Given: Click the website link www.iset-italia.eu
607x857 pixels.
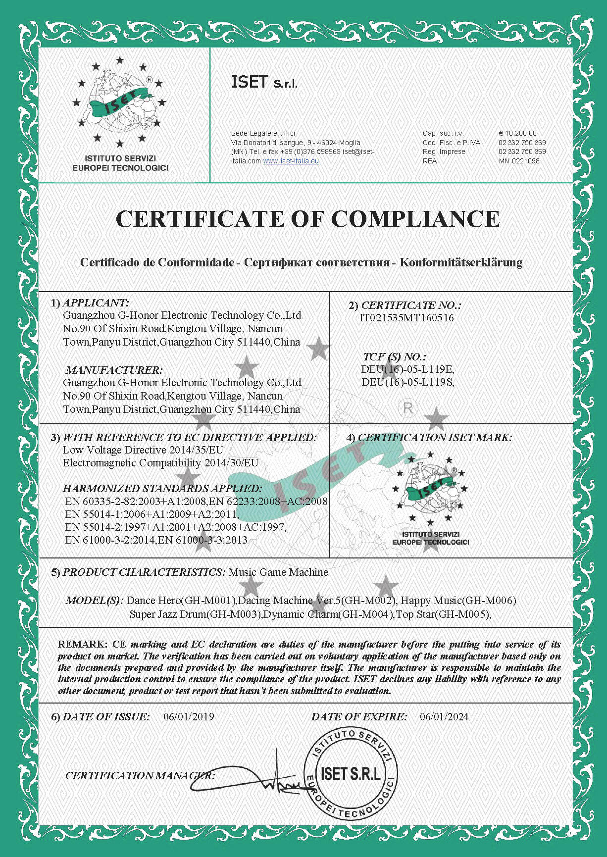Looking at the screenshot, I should click(291, 161).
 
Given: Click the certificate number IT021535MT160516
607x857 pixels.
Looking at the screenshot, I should click(406, 318).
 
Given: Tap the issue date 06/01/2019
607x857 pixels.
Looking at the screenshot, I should click(189, 716).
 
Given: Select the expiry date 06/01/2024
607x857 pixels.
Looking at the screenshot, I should click(444, 716).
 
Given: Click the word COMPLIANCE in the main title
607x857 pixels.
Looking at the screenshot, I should click(415, 219).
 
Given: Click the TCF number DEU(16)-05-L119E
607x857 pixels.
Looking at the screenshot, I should click(407, 369).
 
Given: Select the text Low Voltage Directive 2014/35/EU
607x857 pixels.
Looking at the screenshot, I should click(143, 450).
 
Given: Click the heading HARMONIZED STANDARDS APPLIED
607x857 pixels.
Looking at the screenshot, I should click(162, 488).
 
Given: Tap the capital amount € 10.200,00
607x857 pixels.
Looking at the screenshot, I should click(517, 133).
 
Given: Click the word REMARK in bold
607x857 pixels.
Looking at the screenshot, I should click(82, 644).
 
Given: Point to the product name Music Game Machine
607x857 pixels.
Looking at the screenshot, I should click(278, 572).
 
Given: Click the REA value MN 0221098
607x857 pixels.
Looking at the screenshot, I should click(519, 161).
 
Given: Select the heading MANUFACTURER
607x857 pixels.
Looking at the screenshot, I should click(114, 370).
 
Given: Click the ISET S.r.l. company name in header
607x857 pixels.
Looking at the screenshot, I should click(264, 82).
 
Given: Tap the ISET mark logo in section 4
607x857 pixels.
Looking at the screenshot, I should click(430, 495).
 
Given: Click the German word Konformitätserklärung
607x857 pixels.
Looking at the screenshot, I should click(461, 262).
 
